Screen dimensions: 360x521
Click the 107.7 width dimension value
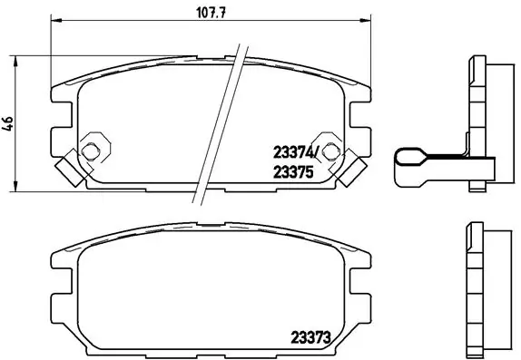click(210, 12)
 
